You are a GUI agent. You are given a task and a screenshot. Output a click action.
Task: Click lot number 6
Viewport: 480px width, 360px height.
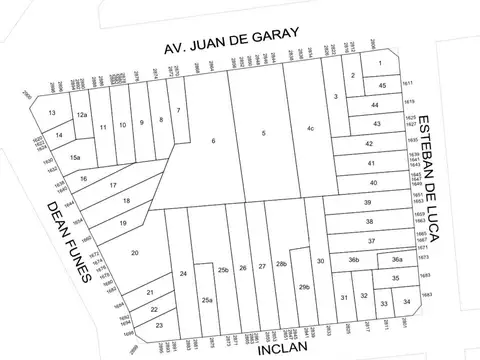[x=213, y=141]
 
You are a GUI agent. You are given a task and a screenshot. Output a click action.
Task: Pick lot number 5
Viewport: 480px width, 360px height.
[x=263, y=133]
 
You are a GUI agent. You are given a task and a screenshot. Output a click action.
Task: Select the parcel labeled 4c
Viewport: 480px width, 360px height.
[x=311, y=128]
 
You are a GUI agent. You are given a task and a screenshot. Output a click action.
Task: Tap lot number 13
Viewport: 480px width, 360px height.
[x=52, y=113]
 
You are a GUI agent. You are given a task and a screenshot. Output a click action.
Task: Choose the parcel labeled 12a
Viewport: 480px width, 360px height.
[x=84, y=116]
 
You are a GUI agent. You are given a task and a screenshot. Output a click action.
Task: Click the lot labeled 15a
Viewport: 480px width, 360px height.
[x=75, y=158]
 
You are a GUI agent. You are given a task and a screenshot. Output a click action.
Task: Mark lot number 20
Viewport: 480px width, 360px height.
[x=134, y=253]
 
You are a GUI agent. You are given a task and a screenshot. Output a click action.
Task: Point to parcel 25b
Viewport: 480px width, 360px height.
[x=224, y=270]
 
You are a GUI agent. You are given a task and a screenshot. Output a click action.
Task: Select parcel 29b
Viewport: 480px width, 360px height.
[x=304, y=288]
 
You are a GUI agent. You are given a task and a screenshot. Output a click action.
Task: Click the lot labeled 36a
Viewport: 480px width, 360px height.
[x=397, y=260]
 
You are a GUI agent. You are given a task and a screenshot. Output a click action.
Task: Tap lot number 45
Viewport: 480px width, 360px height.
[x=382, y=86]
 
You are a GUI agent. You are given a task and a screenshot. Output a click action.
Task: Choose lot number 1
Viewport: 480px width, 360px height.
[x=380, y=64]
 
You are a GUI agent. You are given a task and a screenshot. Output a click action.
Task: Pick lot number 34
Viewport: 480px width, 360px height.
[x=405, y=301]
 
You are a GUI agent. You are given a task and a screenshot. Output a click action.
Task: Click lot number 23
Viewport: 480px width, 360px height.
[x=159, y=326]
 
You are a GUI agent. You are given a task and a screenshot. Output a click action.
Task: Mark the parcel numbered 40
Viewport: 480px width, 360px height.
[x=372, y=183]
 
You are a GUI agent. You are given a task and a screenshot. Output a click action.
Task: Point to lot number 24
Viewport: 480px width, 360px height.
[x=183, y=274]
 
